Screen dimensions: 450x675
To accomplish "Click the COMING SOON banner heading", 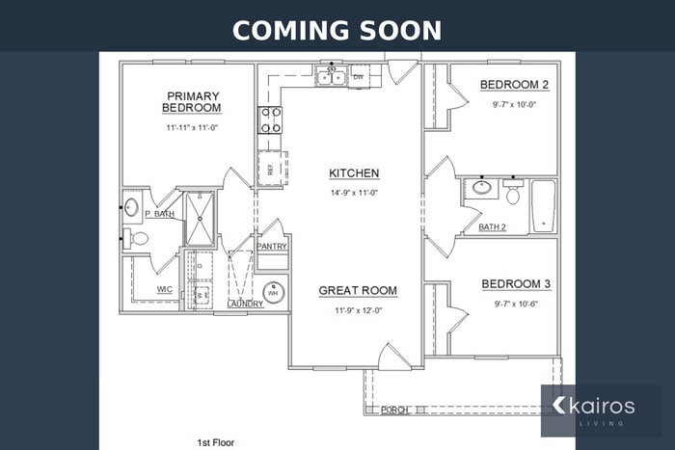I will pyautogui.click(x=337, y=29).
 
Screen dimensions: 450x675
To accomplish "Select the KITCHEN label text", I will pyautogui.click(x=354, y=173).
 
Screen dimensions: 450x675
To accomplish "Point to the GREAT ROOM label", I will pyautogui.click(x=358, y=290).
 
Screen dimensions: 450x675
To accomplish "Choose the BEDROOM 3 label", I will pyautogui.click(x=516, y=284).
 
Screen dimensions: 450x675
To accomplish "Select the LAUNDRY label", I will pyautogui.click(x=245, y=304).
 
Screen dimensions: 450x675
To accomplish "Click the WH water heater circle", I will pyautogui.click(x=274, y=292).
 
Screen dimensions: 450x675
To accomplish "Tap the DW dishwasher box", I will pyautogui.click(x=358, y=76).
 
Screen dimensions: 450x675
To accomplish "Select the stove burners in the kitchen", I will pyautogui.click(x=269, y=119).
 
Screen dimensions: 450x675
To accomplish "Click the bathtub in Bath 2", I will pyautogui.click(x=543, y=206).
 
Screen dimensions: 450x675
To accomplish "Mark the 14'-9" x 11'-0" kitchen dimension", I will pyautogui.click(x=354, y=193).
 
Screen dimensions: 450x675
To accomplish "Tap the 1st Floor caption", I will pyautogui.click(x=216, y=442).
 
